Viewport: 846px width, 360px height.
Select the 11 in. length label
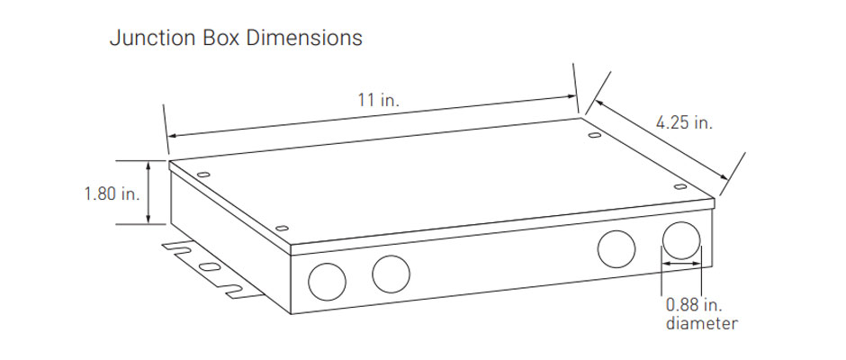(x=379, y=100)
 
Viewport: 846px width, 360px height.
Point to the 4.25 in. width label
(x=684, y=122)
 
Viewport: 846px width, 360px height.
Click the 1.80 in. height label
(x=112, y=193)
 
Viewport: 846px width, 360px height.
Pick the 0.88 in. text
(x=695, y=305)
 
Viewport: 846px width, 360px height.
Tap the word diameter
(x=701, y=324)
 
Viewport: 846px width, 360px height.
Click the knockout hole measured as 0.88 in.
(x=681, y=239)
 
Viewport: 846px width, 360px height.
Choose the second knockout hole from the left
(x=391, y=274)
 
